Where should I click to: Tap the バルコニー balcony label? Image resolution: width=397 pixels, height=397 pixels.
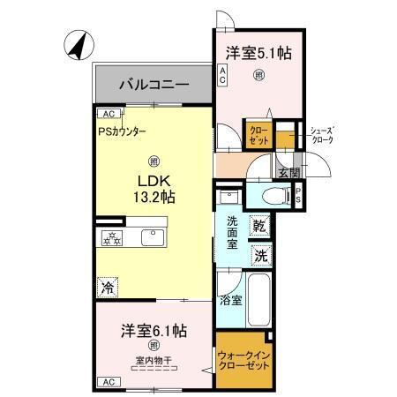(x=154, y=86)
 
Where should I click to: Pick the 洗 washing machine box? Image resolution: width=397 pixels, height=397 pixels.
(x=260, y=256)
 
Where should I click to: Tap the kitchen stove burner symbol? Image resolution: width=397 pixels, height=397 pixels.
(x=112, y=236)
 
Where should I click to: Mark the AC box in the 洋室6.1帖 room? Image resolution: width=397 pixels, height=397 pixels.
(x=109, y=382)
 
